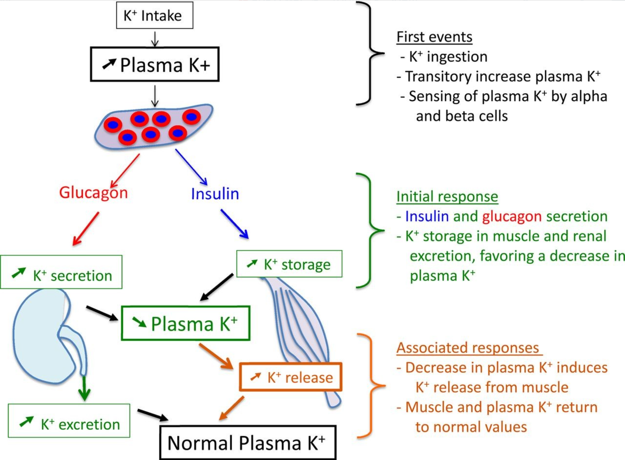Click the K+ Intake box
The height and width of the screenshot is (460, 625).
154,15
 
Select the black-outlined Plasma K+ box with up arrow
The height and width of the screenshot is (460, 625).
155,64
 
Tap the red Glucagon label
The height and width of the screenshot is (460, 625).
93,193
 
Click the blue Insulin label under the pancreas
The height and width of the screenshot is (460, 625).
215,194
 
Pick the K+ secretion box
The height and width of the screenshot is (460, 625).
61,272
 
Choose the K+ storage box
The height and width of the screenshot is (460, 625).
289,264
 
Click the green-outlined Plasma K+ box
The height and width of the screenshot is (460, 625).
185,323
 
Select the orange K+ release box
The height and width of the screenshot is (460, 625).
291,377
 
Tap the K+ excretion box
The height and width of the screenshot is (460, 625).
69,421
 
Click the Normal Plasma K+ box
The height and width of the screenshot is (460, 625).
248,443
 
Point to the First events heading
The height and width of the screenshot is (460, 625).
434,37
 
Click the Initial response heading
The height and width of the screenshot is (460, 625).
447,197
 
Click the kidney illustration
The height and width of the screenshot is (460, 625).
42,337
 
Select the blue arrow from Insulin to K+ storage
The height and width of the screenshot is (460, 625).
235,224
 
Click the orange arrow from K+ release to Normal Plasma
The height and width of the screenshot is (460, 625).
232,408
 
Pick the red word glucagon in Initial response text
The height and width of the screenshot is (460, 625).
512,217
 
